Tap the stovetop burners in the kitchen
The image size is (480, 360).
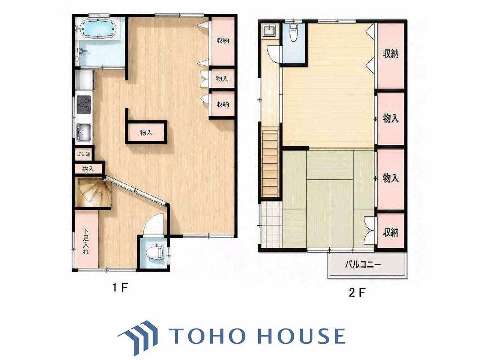pos(84,105)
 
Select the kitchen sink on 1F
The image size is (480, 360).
pos(83,132)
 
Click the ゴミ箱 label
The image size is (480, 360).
pos(84,154)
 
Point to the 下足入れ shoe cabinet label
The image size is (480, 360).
pos(86,241)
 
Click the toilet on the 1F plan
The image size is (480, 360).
pos(156,251)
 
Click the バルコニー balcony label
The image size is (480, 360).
pos(363,265)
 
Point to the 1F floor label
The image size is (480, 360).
pos(120,288)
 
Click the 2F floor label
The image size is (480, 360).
pos(357,292)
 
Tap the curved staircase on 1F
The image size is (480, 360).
pos(93,192)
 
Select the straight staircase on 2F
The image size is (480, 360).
pos(270,163)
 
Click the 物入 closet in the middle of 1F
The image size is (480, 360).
pos(146,133)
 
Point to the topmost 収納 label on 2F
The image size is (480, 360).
pos(390,54)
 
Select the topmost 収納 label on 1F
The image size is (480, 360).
pos(223,40)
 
